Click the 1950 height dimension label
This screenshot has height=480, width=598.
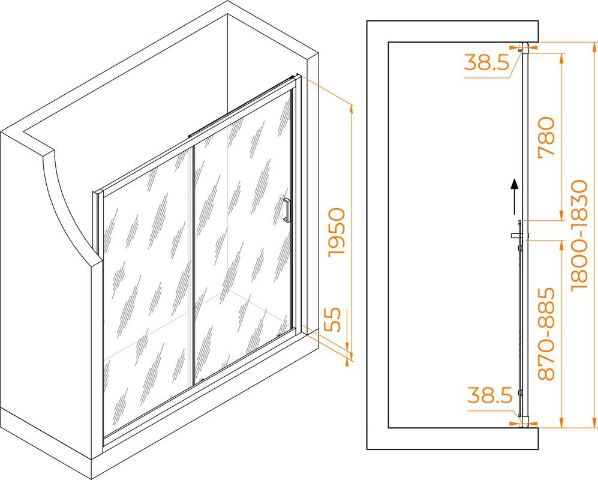(x=336, y=232)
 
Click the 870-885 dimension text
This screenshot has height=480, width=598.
(x=546, y=334)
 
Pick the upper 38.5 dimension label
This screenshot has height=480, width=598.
(x=486, y=62)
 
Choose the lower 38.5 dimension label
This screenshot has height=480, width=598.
(x=489, y=395)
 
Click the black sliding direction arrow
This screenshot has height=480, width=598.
(x=515, y=197)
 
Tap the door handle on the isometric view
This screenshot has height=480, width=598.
(x=286, y=210)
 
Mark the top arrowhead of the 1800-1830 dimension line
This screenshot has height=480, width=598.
(x=593, y=47)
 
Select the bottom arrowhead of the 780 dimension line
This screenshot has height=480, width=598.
(x=561, y=215)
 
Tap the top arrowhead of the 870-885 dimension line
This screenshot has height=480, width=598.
(x=561, y=246)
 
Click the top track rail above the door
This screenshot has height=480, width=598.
(x=241, y=107)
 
